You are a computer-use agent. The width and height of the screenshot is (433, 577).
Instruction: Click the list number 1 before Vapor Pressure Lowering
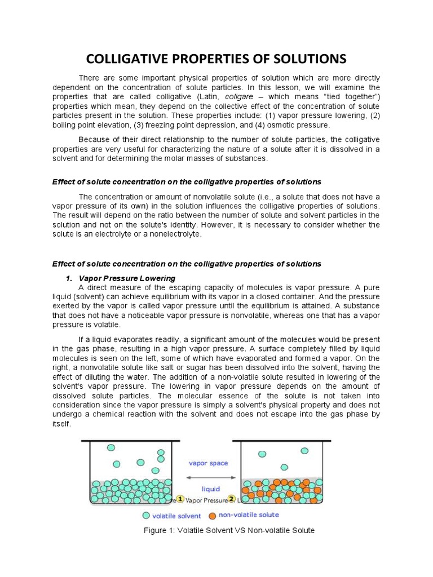[x=69, y=278]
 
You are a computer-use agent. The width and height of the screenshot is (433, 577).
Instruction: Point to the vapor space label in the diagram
[x=208, y=463]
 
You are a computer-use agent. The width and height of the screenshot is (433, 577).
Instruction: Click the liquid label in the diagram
[x=211, y=489]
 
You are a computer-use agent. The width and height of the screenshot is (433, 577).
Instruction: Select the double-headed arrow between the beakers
[x=211, y=477]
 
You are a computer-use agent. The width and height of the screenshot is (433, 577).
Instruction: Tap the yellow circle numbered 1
[x=180, y=499]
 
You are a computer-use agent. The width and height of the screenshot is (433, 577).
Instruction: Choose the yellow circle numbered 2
[x=231, y=499]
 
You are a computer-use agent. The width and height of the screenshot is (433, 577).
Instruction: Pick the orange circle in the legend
[x=212, y=514]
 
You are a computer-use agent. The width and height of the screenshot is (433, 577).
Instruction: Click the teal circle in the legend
[x=147, y=514]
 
